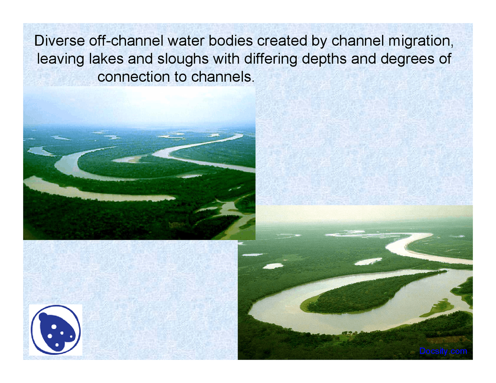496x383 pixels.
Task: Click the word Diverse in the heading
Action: pyautogui.click(x=59, y=41)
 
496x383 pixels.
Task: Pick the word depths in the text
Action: pyautogui.click(x=324, y=59)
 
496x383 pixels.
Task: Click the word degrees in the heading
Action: pyautogui.click(x=407, y=59)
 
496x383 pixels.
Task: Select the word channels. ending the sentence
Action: pyautogui.click(x=223, y=77)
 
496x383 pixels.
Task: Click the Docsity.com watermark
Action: pyautogui.click(x=443, y=351)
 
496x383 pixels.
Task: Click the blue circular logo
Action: pyautogui.click(x=55, y=330)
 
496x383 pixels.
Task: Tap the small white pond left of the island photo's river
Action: pyautogui.click(x=273, y=266)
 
